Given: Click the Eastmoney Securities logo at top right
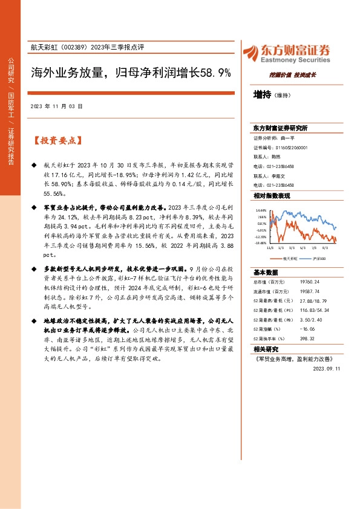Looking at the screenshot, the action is click(286, 53).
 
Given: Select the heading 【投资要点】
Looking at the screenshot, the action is click(58, 141).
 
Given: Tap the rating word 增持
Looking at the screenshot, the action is click(262, 94).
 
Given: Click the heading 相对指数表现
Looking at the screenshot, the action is click(272, 196).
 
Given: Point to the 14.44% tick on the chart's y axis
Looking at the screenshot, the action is click(261, 210).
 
